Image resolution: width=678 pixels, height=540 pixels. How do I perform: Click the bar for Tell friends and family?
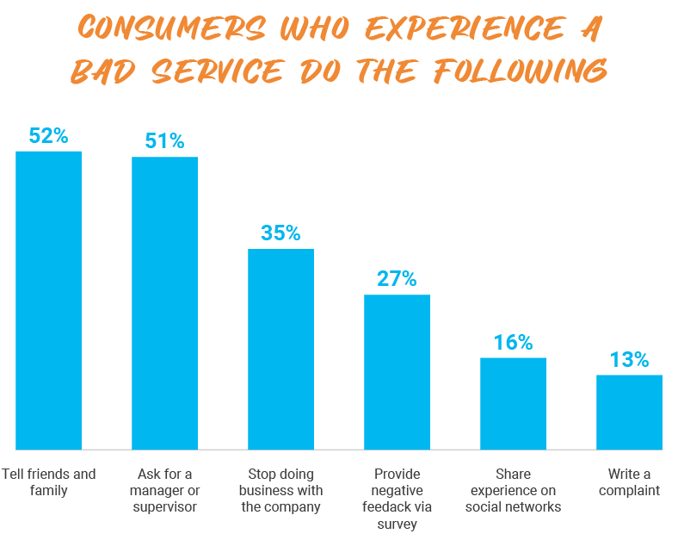coord(48,300)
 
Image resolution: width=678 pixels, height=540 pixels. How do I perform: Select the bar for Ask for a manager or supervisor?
coord(164,303)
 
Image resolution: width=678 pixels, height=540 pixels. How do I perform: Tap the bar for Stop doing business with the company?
coord(280,349)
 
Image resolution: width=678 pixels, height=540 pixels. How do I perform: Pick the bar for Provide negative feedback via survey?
coord(397,372)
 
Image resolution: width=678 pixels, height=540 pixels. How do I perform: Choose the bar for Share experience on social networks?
coord(513,403)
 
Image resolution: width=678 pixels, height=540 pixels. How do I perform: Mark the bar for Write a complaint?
coord(629,412)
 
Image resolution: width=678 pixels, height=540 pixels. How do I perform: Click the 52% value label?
coord(48,136)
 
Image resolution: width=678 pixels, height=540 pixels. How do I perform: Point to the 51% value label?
coord(164,141)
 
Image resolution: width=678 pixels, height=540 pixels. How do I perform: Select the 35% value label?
coord(280,233)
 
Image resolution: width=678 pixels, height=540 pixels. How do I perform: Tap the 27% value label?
coord(397,279)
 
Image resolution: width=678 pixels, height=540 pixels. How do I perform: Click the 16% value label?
coord(513,342)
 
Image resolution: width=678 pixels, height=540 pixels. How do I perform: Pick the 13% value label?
coord(629,359)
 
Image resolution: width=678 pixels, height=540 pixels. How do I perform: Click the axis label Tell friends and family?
coord(48,482)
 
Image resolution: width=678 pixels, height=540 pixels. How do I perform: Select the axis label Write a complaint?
coord(629,482)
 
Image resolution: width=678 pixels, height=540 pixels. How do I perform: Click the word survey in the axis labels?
coord(397,523)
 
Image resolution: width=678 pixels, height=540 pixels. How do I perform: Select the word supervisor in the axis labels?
coord(164,507)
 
